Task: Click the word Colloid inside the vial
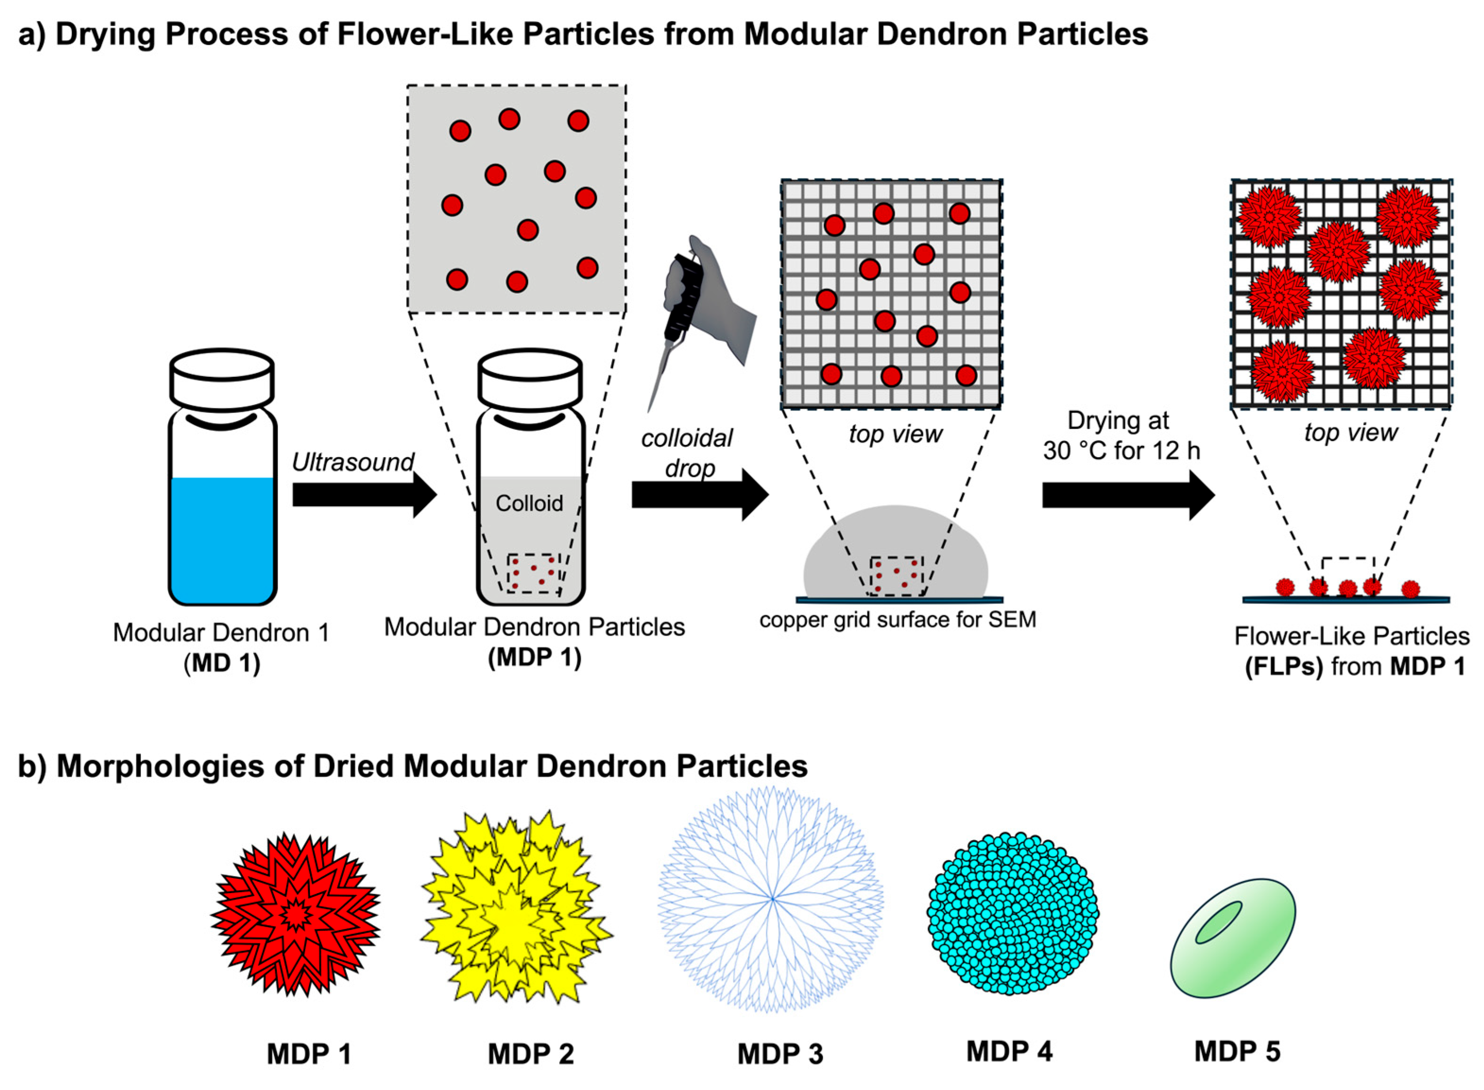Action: [529, 503]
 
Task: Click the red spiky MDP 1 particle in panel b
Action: [295, 914]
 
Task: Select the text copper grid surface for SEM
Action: [897, 620]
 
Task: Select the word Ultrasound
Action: [353, 462]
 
